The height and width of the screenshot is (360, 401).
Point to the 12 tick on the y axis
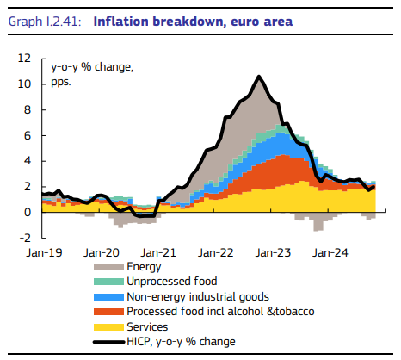26,59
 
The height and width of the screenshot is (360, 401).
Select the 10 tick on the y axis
26,84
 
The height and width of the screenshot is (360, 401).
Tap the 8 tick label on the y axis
28,110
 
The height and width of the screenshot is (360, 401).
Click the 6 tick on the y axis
28,135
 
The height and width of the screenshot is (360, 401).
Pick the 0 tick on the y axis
28,212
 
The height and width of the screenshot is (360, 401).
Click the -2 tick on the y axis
27,237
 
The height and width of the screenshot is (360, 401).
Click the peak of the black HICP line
259,77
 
